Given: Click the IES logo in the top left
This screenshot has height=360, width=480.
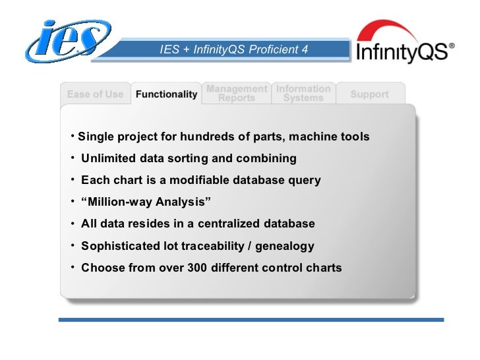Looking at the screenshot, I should [x=66, y=41].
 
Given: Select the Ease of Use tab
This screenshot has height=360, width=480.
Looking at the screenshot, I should [x=95, y=94].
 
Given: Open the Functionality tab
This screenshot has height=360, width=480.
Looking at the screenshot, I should [x=166, y=94].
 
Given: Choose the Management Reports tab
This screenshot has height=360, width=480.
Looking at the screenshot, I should [x=236, y=93].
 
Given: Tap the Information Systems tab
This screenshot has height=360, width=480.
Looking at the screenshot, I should [x=303, y=93].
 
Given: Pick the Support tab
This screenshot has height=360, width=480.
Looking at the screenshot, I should [x=369, y=94].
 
